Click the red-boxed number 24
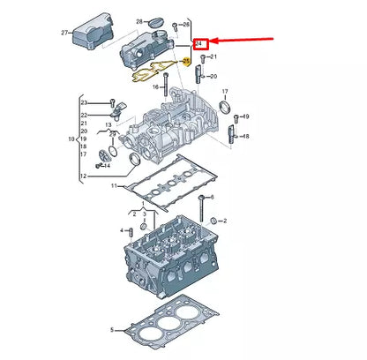(x=201, y=41)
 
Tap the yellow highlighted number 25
(x=187, y=61)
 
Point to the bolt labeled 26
(x=176, y=25)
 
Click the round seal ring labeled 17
(x=226, y=109)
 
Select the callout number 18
(x=246, y=136)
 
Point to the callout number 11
(x=113, y=186)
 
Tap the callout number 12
(x=83, y=176)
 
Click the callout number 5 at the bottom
(x=113, y=329)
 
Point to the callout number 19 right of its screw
(x=246, y=116)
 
